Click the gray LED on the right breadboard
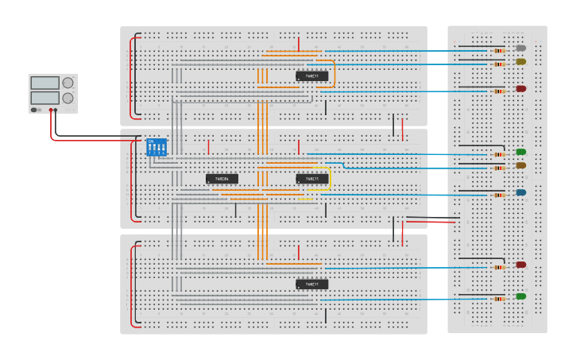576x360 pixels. [x=520, y=48]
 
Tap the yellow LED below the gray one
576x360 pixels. [x=520, y=61]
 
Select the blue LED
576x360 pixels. [x=520, y=192]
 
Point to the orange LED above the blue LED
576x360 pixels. [x=520, y=165]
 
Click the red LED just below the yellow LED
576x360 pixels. [x=520, y=88]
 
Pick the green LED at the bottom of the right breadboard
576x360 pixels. [x=520, y=296]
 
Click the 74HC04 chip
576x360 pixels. [x=222, y=179]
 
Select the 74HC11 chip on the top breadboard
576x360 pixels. [x=311, y=76]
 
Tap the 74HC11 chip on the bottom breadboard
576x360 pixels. [x=311, y=284]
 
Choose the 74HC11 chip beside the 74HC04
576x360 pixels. [x=311, y=179]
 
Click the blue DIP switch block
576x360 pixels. [x=157, y=147]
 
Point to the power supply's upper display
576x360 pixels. [x=44, y=83]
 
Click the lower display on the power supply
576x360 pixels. [x=44, y=98]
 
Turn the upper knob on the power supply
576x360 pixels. [x=68, y=83]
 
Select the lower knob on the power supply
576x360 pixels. [x=68, y=99]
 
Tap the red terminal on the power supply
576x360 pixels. [x=51, y=110]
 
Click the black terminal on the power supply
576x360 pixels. [x=56, y=110]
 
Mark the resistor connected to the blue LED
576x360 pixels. [x=498, y=195]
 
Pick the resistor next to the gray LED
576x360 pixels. [x=498, y=51]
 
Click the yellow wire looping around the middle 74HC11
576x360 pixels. [x=329, y=180]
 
